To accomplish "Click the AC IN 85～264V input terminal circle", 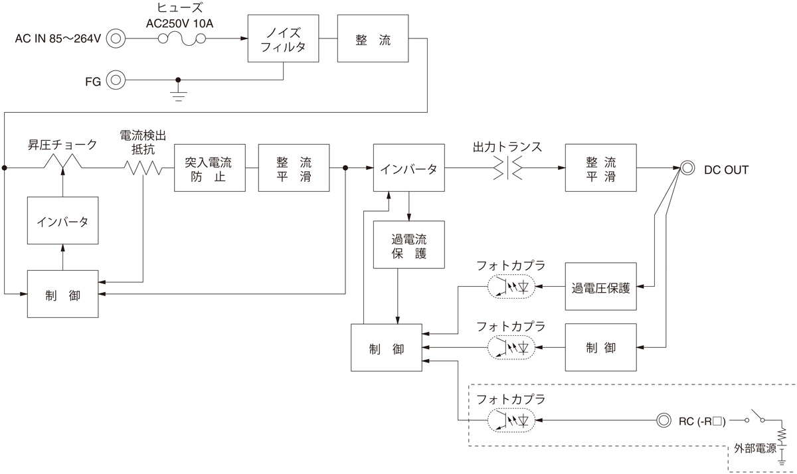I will click(x=116, y=39).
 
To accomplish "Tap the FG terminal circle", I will click(x=116, y=80).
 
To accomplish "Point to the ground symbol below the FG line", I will click(x=177, y=93).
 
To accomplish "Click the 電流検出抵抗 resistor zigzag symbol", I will click(x=144, y=169).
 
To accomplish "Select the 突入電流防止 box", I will click(x=209, y=168).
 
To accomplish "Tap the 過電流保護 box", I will click(x=408, y=244).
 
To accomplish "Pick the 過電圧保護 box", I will click(x=600, y=287).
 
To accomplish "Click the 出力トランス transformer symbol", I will click(x=508, y=169).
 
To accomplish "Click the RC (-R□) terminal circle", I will click(x=662, y=420).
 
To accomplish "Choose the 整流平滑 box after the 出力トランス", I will click(x=600, y=168).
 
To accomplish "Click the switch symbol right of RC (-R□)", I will click(x=755, y=419).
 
